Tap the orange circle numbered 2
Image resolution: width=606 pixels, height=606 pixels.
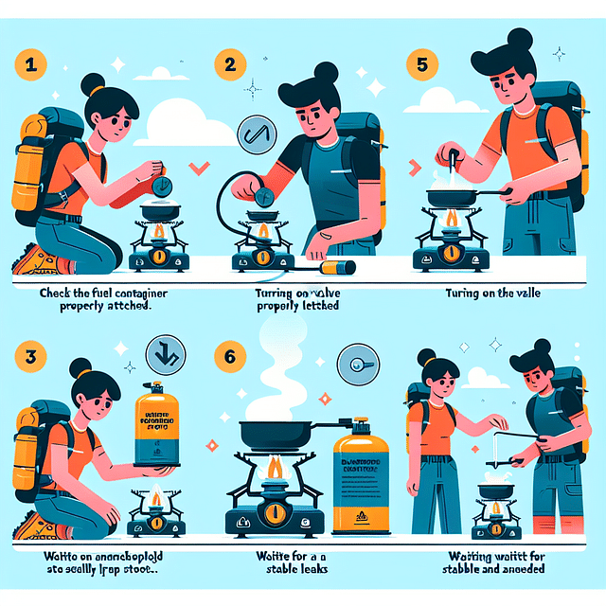[x=228, y=69]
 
